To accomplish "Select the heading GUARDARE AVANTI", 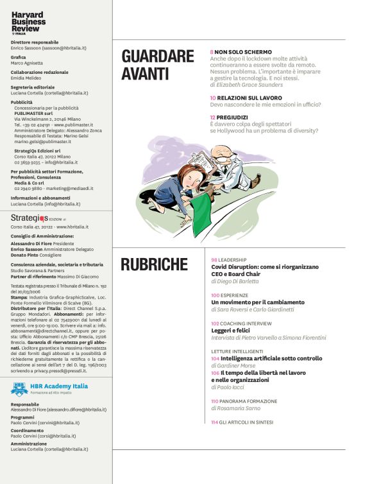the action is click(157, 65).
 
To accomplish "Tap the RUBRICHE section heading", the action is click(154, 264).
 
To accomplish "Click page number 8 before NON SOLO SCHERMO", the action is click(212, 51).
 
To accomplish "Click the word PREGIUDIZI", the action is click(235, 117).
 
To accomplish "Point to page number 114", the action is click(214, 422).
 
